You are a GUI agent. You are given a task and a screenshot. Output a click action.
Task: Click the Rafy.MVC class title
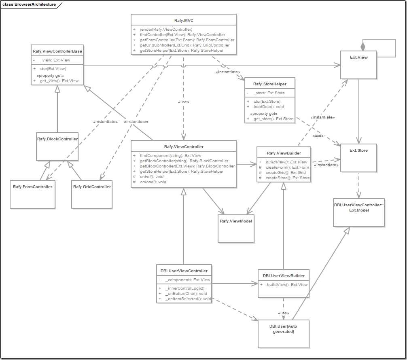[x=184, y=20]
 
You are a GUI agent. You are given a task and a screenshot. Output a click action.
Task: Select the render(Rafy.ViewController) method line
[x=166, y=30]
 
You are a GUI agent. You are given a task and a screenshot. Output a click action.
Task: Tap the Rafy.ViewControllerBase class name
[x=57, y=51]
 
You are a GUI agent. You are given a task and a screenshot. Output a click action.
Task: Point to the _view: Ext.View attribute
[x=55, y=60]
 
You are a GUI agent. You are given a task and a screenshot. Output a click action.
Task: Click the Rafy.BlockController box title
[x=57, y=139]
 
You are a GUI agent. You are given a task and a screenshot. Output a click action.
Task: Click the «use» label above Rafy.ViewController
[x=184, y=102]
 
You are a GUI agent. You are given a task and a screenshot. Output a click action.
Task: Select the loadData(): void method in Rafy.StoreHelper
[x=269, y=107]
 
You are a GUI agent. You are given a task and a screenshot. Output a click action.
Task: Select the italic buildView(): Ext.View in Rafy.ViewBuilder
[x=286, y=162]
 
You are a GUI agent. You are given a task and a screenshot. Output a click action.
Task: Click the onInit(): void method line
[x=152, y=177]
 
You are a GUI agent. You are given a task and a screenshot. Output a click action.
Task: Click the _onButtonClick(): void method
[x=186, y=294]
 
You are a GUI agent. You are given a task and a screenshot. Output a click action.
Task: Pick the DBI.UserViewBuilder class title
[x=284, y=276]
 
